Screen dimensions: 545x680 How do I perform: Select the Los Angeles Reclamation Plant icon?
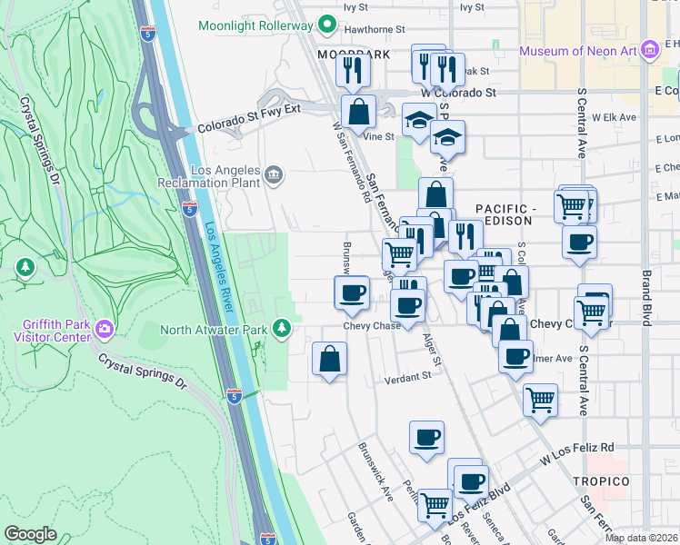tap(274, 173)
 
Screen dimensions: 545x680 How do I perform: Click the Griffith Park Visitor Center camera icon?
tap(105, 329)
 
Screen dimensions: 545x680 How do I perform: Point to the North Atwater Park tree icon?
tap(284, 327)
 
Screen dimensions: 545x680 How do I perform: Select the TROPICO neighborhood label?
tap(601, 481)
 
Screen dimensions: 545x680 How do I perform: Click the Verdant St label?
tap(405, 376)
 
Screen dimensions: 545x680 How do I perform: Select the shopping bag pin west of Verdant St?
tap(329, 359)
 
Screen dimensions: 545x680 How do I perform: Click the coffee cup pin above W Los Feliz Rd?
tap(426, 438)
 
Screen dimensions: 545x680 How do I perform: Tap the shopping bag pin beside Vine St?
tap(359, 113)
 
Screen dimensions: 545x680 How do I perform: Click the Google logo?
tap(31, 534)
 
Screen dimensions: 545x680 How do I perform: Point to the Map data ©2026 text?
tap(641, 538)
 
